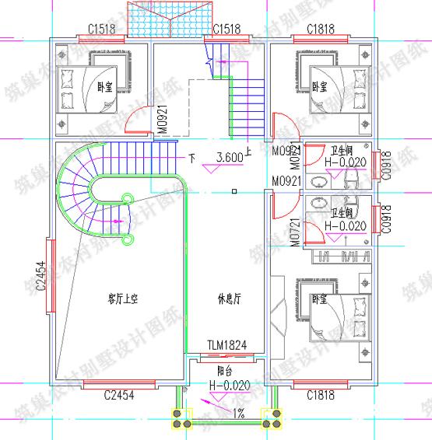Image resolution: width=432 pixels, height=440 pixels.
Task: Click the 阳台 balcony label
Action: (x=228, y=372)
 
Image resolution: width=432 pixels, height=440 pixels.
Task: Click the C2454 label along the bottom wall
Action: (x=119, y=395)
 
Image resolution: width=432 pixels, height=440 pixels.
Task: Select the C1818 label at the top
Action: (x=321, y=29)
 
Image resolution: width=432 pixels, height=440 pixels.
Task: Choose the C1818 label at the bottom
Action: (x=321, y=395)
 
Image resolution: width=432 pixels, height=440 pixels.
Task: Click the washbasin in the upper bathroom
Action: (x=319, y=183)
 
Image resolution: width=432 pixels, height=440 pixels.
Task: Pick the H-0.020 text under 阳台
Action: (x=229, y=385)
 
